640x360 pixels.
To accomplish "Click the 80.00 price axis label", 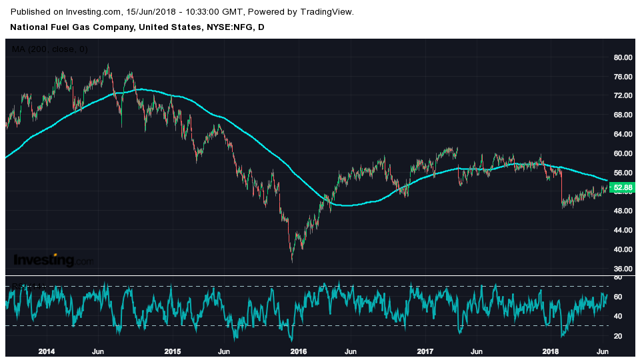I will point(622,57).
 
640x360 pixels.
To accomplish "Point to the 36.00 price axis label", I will point(622,269).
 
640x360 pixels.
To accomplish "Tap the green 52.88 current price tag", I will point(622,188).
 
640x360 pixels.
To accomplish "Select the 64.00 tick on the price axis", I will point(622,134).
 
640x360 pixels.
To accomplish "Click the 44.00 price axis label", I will point(622,230).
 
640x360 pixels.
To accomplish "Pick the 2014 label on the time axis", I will point(47,351).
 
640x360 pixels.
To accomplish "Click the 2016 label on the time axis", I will point(299,351).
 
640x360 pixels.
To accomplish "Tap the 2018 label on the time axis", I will point(551,351).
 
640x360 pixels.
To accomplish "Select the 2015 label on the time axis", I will point(173,351).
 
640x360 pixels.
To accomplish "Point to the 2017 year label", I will point(425,351).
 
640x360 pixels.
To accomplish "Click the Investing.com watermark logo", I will point(53,260).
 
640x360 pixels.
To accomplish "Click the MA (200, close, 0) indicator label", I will point(50,49).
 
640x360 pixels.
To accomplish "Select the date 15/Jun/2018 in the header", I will point(153,12).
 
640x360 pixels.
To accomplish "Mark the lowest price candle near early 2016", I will point(292,259).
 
